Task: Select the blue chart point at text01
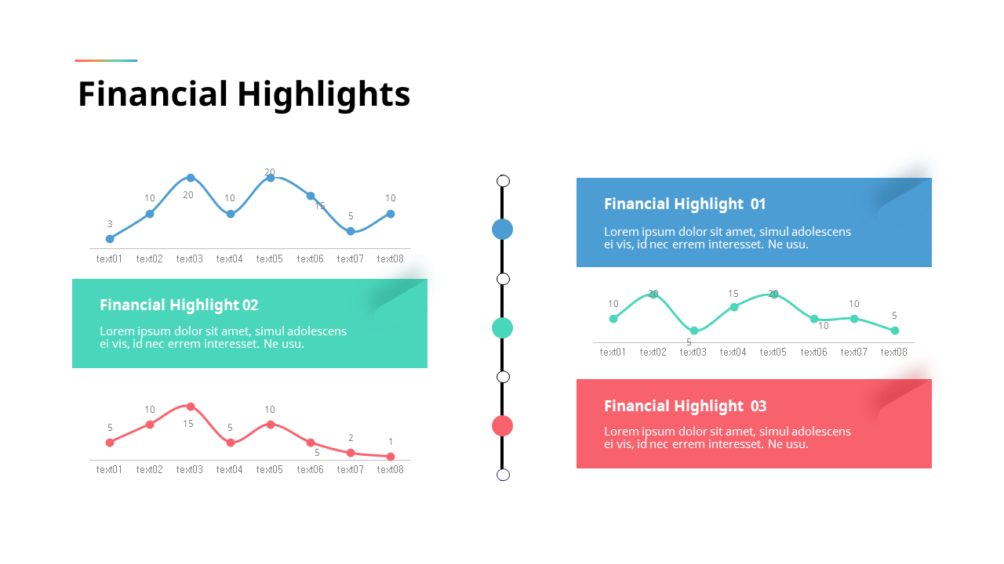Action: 110,239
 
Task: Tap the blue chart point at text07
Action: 351,231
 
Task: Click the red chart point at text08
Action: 391,457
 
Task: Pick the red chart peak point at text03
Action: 191,407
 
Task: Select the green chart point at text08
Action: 894,331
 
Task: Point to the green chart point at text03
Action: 694,331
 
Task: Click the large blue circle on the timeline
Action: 502,229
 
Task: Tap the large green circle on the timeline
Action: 502,327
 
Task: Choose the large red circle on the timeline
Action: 502,425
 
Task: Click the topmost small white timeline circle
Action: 504,181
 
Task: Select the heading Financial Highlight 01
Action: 684,204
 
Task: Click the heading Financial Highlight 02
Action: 179,305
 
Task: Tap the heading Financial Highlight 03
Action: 685,407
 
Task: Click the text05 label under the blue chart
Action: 270,259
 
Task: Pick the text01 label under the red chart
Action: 110,470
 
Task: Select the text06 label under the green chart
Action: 813,352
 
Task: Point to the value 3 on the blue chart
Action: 110,224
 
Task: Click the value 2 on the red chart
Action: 351,438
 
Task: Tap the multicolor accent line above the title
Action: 106,60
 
